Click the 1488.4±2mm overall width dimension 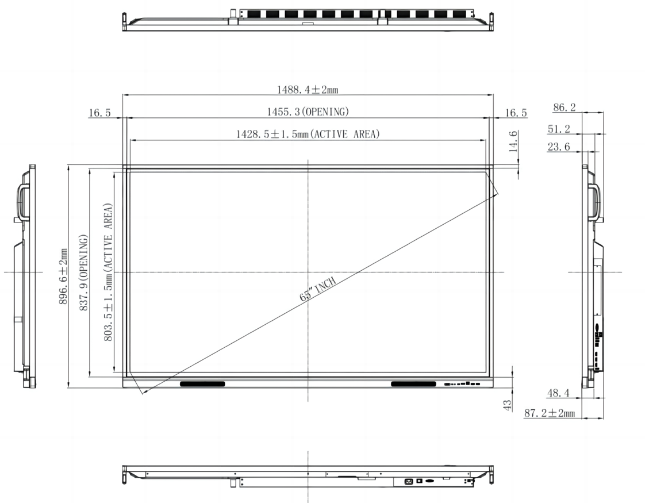[x=308, y=89]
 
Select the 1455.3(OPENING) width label [x=308, y=112]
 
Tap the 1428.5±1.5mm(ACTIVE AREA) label [x=308, y=134]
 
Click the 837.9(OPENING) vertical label [x=83, y=272]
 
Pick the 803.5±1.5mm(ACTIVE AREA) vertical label [x=107, y=272]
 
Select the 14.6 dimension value [x=513, y=141]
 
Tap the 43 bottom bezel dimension [x=508, y=405]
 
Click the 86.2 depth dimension [x=565, y=107]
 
